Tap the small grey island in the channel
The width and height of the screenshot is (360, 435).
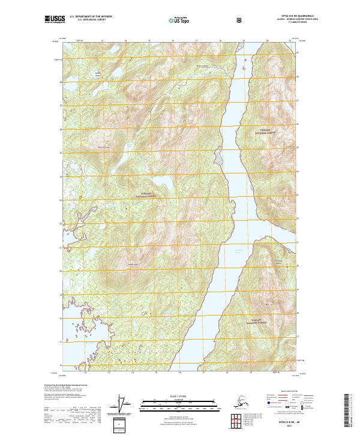click(x=218, y=158)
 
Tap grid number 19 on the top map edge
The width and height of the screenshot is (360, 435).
click(x=243, y=41)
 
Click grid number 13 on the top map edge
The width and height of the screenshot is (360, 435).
click(x=102, y=41)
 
